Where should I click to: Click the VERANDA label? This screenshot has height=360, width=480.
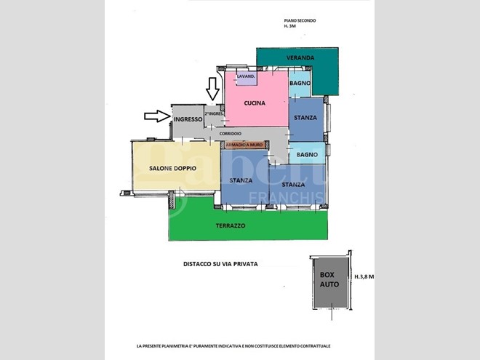(x=300, y=57)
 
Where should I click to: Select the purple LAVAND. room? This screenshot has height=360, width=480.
(x=247, y=78)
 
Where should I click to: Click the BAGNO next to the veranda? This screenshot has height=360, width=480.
(x=300, y=83)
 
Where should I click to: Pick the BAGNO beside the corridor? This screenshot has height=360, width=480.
(x=307, y=153)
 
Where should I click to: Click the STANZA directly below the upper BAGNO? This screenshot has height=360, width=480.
(x=306, y=119)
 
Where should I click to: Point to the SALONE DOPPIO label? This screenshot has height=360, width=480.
(x=172, y=168)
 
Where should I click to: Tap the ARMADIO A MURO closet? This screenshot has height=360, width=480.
(x=244, y=145)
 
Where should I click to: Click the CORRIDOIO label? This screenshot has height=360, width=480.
(x=231, y=134)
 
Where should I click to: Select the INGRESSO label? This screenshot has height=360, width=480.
(x=188, y=119)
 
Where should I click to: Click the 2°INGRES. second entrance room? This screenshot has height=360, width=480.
(x=214, y=116)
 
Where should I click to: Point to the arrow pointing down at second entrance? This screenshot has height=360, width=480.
(x=212, y=89)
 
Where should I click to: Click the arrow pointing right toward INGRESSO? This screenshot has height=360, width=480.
(x=157, y=116)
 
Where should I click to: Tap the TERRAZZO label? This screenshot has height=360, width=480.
(x=231, y=225)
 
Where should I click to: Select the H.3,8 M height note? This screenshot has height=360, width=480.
(x=364, y=277)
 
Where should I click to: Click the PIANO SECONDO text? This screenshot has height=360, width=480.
(x=300, y=20)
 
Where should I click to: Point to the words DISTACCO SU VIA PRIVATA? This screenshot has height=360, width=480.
(x=220, y=264)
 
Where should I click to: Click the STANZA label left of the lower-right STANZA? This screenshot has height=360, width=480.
(x=241, y=180)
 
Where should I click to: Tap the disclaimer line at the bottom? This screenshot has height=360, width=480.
(x=233, y=346)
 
